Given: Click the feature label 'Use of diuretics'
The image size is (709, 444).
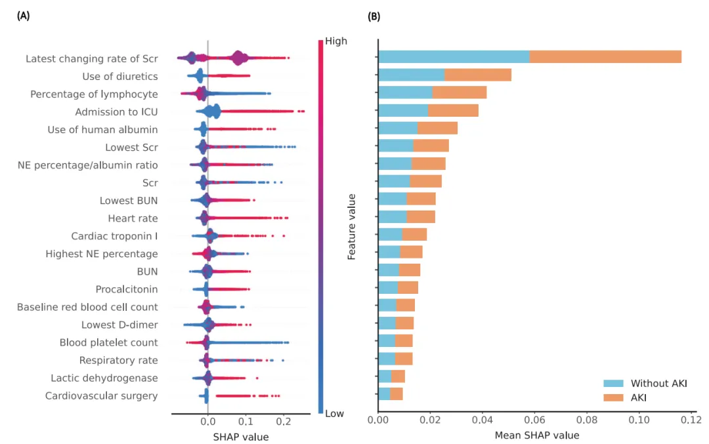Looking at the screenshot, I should click(x=119, y=77).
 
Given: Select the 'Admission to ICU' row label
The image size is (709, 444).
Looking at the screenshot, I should click(x=116, y=112).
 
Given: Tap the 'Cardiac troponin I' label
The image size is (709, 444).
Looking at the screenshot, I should click(x=114, y=236).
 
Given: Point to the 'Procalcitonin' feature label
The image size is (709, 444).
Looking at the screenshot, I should click(x=127, y=289).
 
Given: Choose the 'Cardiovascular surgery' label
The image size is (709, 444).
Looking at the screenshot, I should click(x=101, y=395).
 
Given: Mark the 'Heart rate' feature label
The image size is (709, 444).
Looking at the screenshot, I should click(x=133, y=218).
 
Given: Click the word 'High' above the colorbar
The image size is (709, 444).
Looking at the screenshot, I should click(x=336, y=41).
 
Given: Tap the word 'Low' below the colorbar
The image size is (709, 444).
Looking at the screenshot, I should click(x=334, y=414).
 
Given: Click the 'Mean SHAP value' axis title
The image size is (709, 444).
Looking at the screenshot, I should click(x=536, y=435).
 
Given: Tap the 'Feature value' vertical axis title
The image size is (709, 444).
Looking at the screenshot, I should click(x=352, y=226).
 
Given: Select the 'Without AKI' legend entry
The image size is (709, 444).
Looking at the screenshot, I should click(x=658, y=384).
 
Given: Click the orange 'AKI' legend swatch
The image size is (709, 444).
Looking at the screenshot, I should click(x=614, y=397).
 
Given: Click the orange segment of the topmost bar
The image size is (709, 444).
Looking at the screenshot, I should click(x=605, y=57).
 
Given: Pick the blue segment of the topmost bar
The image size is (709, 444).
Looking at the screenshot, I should click(x=454, y=57).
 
